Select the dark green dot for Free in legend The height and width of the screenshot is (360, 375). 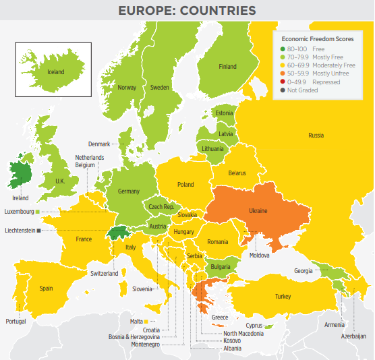tap(282, 49)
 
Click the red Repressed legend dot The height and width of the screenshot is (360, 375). tap(282, 82)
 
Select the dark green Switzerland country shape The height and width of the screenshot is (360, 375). tap(118, 233)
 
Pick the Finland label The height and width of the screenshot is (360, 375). tap(227, 67)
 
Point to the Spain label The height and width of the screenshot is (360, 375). tap(46, 289)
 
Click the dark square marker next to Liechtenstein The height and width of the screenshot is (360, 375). tap(39, 231)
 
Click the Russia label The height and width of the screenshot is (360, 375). tap(316, 136)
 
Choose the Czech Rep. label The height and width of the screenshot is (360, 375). tap(161, 207)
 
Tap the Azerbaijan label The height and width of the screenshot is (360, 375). tap(353, 336)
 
